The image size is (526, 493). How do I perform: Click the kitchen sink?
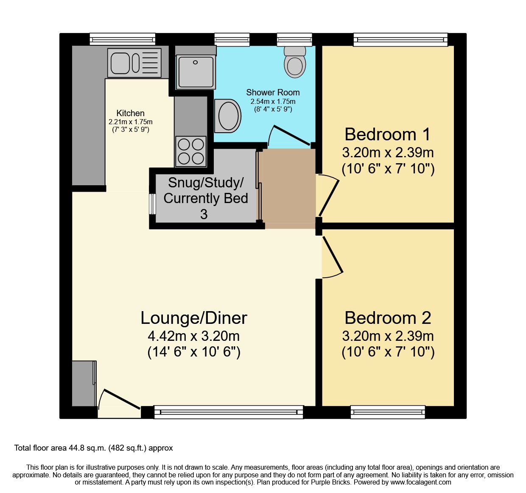(134, 63)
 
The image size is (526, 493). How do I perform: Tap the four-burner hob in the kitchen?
(191, 151)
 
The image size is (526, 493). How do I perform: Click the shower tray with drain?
(195, 71)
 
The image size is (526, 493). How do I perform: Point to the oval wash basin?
(228, 116)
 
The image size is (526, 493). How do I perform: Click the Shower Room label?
(273, 92)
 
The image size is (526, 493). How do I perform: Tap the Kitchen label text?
(130, 113)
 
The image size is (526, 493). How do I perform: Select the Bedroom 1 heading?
(387, 134)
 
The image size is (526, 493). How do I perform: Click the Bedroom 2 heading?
(387, 318)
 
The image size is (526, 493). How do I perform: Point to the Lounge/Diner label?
(194, 318)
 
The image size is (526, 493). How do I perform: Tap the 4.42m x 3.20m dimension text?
(193, 336)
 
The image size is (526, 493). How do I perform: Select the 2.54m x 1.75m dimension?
(273, 102)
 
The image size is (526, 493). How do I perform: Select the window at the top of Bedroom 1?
(400, 40)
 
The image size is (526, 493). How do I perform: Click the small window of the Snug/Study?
(152, 204)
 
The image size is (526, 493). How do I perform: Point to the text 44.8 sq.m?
(87, 448)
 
